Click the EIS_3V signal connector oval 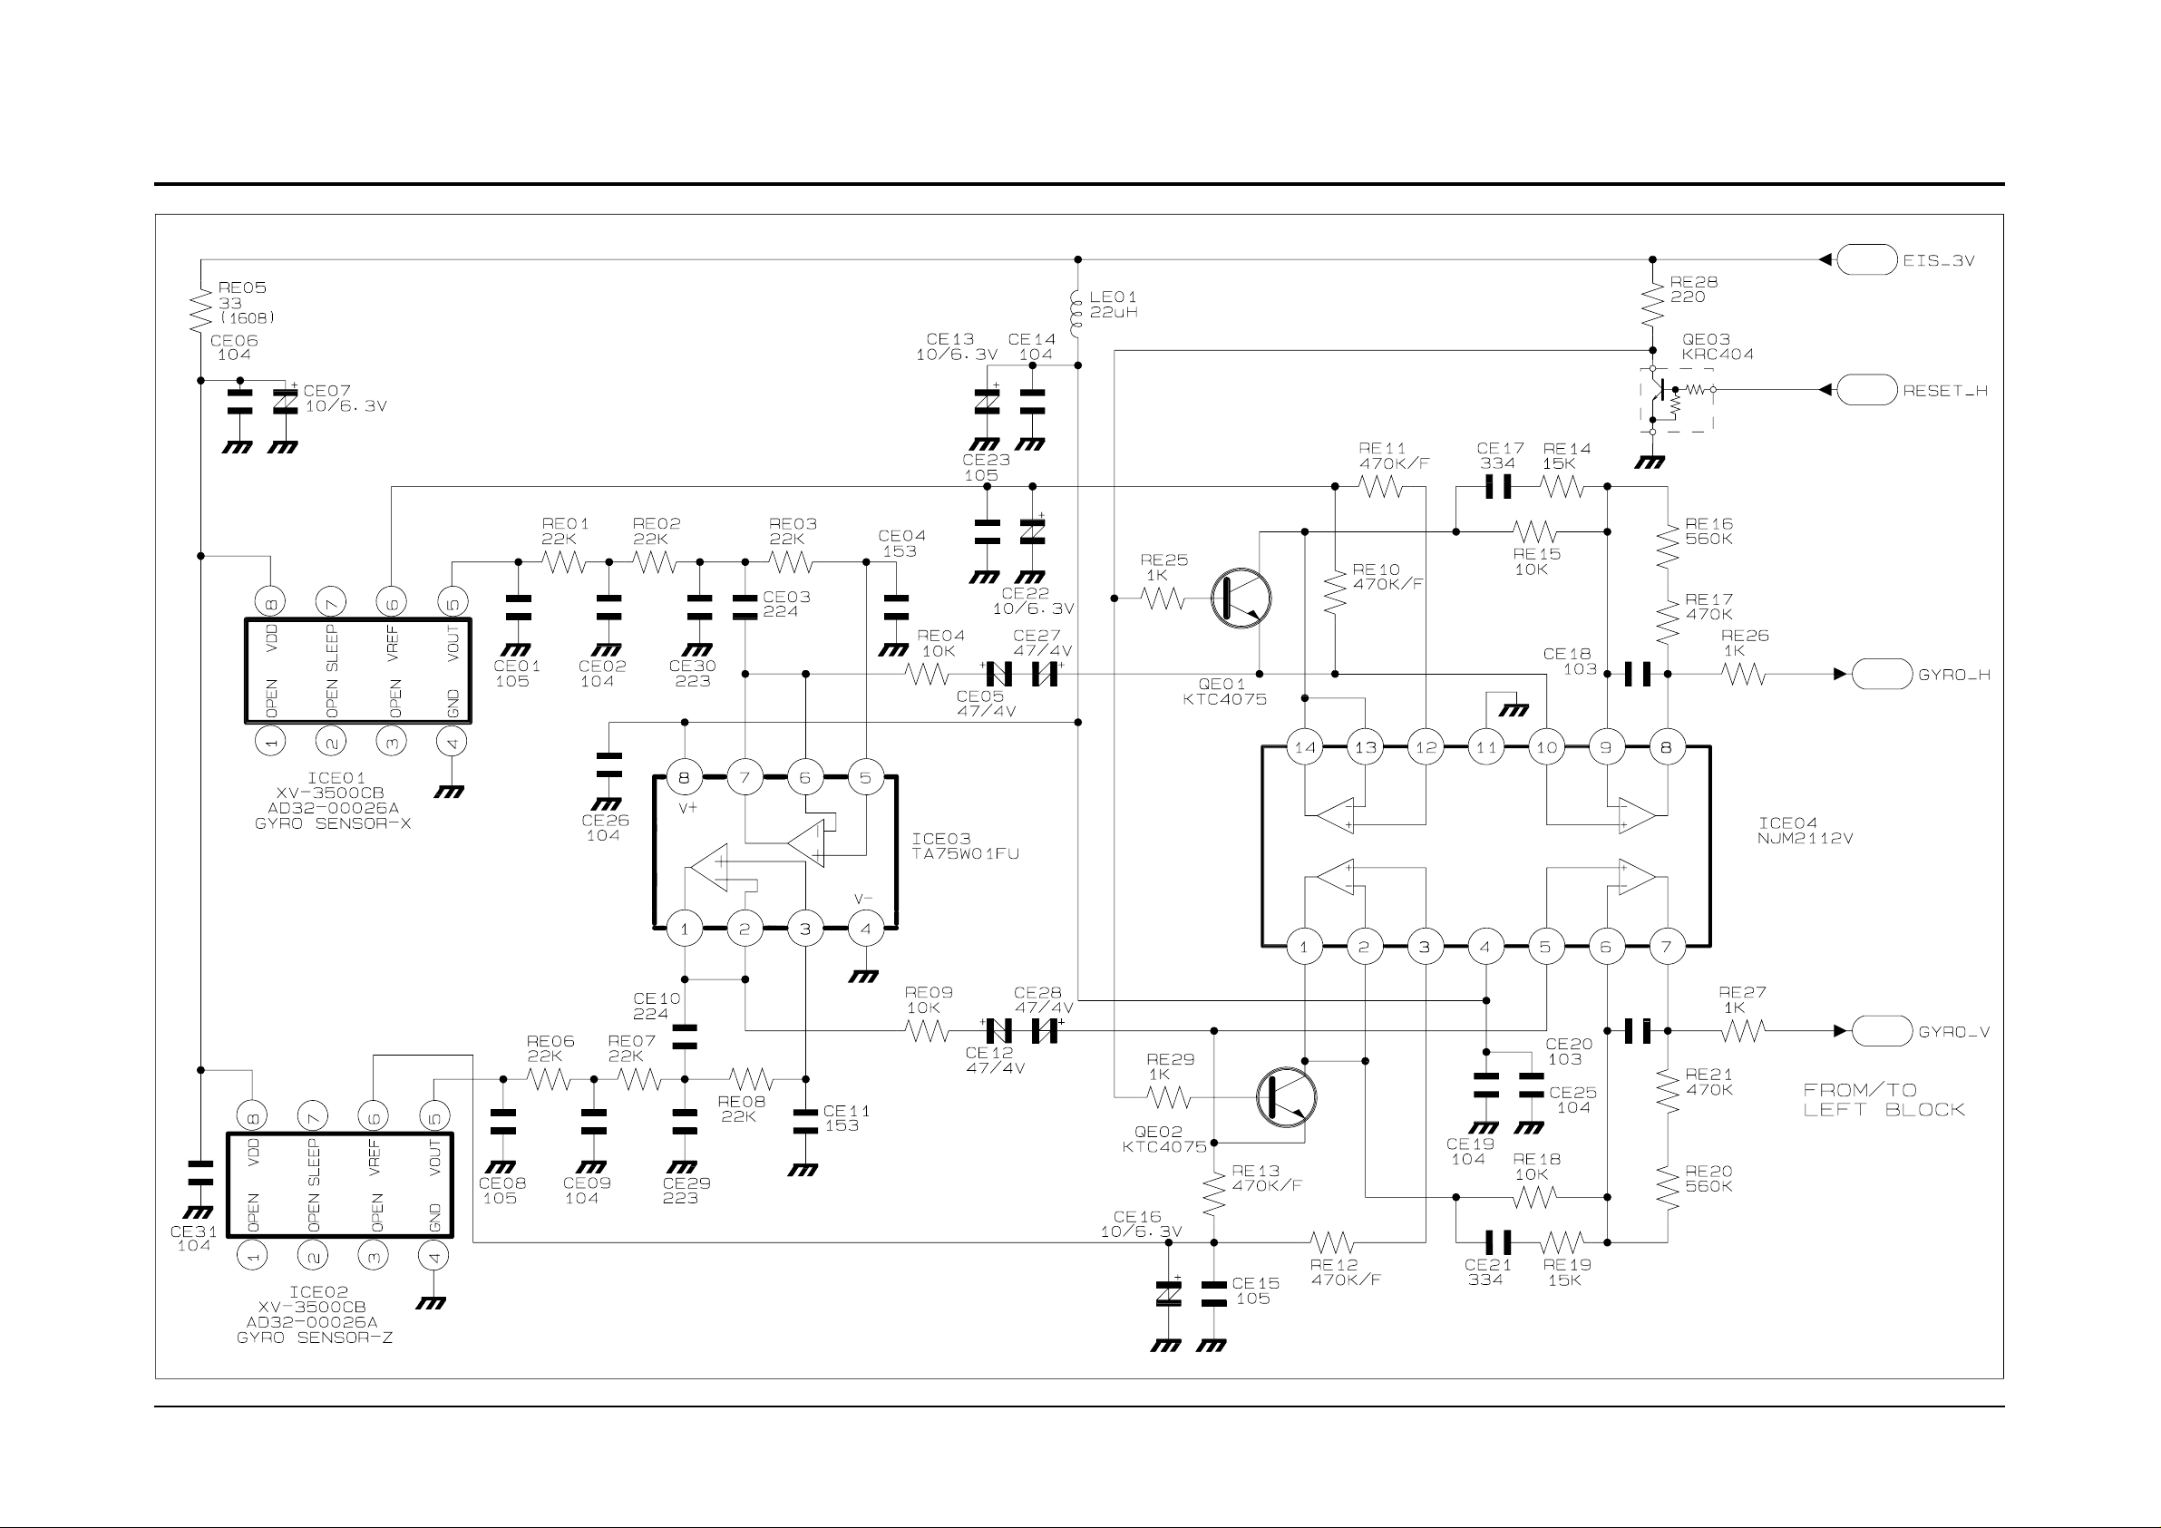[1866, 259]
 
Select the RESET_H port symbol [1866, 389]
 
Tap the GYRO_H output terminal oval [1882, 674]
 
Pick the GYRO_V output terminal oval [1882, 1031]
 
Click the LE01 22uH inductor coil [1077, 310]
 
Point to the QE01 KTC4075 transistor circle [1241, 598]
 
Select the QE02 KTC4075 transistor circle [1286, 1097]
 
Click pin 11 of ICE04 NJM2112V [1486, 747]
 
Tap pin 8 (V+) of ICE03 [685, 778]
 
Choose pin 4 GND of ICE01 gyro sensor [452, 742]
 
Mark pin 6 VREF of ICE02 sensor [374, 1117]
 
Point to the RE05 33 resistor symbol [200, 310]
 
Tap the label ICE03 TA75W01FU [965, 846]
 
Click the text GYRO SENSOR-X [333, 823]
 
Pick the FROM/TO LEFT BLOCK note [1884, 1100]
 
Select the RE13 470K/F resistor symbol [1214, 1192]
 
